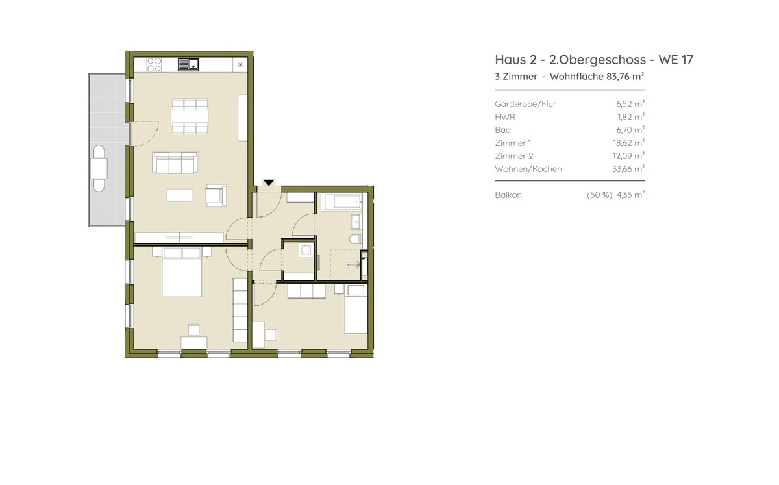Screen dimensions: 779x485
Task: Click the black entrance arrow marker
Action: coord(269,182)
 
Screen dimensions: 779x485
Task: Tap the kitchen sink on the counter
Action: coord(188,64)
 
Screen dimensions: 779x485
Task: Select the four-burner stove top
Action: coord(154,64)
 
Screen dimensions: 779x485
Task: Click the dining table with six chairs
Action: coord(190,116)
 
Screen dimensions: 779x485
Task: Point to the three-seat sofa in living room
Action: coord(175,162)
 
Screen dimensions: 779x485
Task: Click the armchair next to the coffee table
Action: coord(216,195)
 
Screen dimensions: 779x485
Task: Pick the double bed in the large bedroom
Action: coord(182,272)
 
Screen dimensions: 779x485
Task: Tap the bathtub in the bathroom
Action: coord(343,202)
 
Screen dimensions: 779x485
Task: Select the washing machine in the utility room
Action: coord(306,251)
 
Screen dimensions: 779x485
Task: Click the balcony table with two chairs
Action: coord(99,168)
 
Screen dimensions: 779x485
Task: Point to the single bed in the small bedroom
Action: coord(356,309)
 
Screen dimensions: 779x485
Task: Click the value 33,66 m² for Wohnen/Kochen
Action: coord(628,169)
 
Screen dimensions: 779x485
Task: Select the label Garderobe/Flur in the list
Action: coord(525,104)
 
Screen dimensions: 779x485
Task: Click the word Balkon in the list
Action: coord(508,195)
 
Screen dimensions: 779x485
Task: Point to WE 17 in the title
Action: coord(676,60)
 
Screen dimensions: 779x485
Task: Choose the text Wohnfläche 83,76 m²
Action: coord(597,77)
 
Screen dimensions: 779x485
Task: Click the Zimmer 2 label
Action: coord(514,156)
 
